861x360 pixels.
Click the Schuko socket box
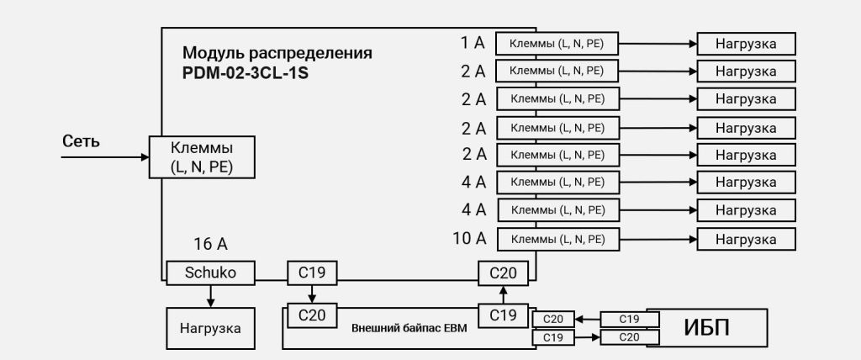pos(210,273)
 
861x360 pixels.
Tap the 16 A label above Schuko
pos(210,245)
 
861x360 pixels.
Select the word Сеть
pos(81,141)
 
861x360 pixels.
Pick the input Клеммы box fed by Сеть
pos(202,157)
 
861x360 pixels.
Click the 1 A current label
pos(473,43)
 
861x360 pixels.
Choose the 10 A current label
pos(469,239)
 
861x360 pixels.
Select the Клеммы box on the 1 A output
pos(557,44)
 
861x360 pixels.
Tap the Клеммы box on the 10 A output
pos(557,240)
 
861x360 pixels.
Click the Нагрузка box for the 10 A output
pos(746,240)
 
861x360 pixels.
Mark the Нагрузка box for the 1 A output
pos(746,44)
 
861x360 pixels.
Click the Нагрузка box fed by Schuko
pos(210,328)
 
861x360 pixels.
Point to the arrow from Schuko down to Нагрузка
pos(210,295)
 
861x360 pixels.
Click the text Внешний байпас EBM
pos(409,328)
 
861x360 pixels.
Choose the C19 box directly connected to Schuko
pos(312,273)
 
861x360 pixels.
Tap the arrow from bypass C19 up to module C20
pos(504,294)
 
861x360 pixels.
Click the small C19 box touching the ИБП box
pos(629,319)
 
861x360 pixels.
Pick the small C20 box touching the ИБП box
pos(629,337)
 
